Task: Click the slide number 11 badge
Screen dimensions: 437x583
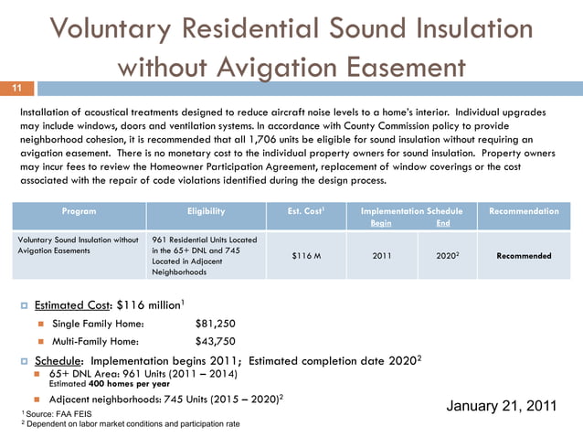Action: (x=16, y=88)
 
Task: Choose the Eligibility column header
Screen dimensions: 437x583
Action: (x=206, y=211)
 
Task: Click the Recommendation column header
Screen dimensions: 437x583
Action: (x=524, y=211)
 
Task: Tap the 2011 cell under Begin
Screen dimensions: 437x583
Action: (x=384, y=256)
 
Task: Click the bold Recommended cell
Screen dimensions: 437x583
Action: (x=524, y=256)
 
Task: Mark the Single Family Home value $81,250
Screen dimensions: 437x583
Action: (x=216, y=323)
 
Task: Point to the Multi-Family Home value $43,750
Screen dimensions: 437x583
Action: (x=216, y=341)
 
